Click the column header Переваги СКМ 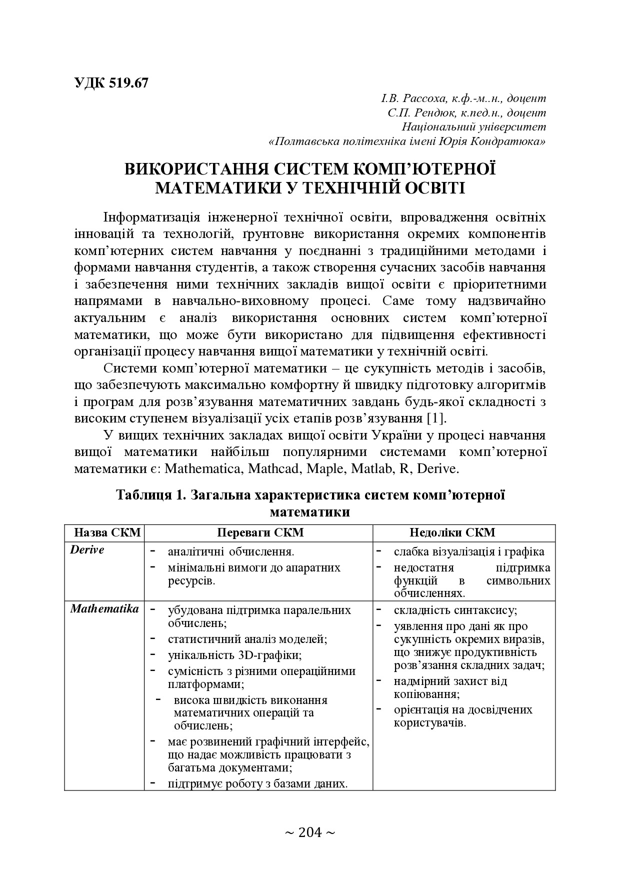(260, 532)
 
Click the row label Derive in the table (87, 550)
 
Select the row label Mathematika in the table (104, 609)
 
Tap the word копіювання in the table (425, 694)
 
